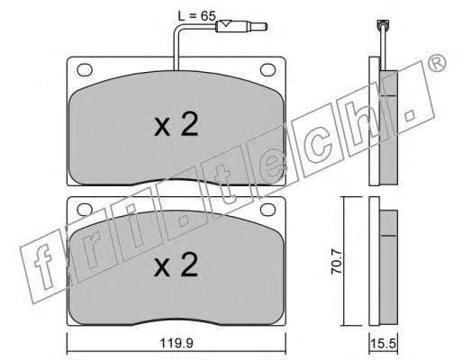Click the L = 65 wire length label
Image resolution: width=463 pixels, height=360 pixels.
[x=196, y=16]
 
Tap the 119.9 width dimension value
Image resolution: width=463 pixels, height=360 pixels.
[x=177, y=343]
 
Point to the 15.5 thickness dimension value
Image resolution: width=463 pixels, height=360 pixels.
[x=383, y=344]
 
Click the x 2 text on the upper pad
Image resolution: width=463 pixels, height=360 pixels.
[x=176, y=124]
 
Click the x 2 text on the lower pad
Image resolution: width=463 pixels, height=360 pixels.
[x=176, y=265]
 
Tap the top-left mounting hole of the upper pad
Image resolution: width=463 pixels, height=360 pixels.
[x=85, y=70]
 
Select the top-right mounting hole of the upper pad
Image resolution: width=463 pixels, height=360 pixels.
[x=268, y=69]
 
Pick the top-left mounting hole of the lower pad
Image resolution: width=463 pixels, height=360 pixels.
[x=85, y=210]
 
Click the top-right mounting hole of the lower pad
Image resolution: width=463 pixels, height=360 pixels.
[x=268, y=210]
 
